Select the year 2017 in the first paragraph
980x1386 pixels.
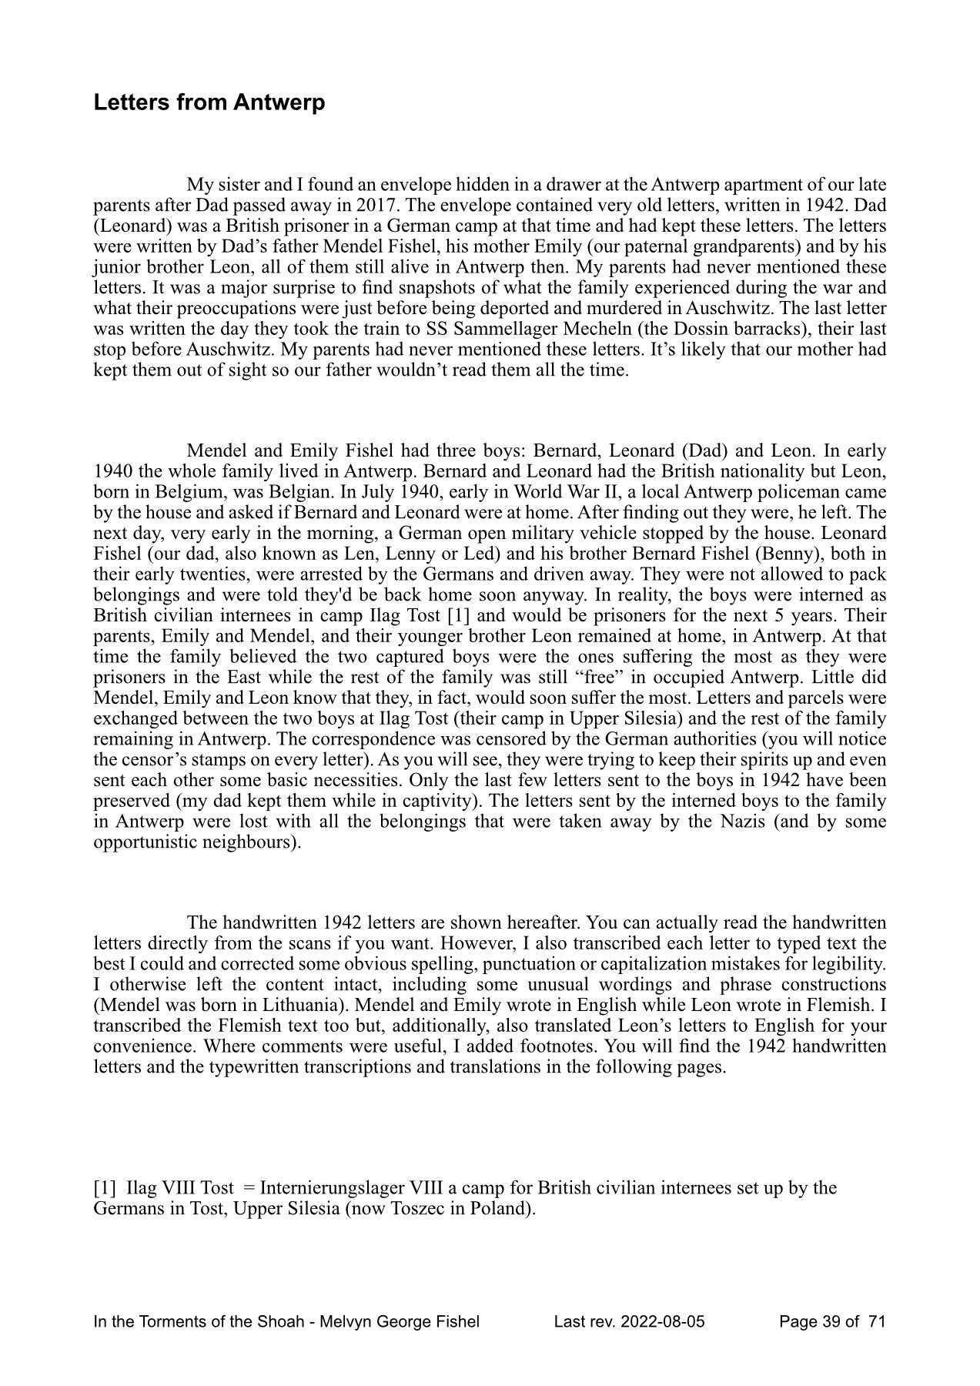click(x=437, y=206)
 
